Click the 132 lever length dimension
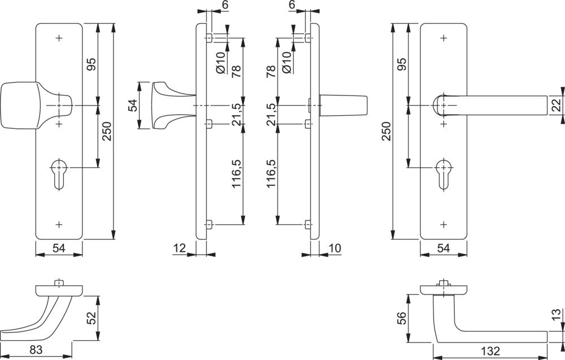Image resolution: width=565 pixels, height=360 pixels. (x=491, y=352)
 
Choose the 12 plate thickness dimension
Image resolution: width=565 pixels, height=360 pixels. (x=180, y=248)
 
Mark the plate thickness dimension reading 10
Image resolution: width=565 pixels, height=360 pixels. (x=334, y=248)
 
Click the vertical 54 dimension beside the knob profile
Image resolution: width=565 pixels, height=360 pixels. (x=133, y=105)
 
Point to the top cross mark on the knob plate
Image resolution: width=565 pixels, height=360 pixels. (x=59, y=38)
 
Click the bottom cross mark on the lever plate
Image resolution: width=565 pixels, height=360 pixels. (x=444, y=224)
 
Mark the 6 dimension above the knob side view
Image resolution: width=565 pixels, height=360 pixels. (x=209, y=5)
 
